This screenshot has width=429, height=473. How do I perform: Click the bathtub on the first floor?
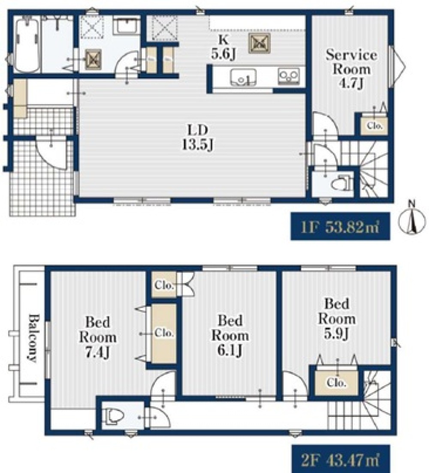coord(27,45)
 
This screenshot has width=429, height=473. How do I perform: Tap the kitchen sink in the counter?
coord(243,78)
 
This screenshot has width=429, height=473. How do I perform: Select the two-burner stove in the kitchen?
coord(289,76)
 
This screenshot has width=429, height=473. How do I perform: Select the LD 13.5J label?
coord(198,138)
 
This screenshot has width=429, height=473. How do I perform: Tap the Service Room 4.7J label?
coord(351,69)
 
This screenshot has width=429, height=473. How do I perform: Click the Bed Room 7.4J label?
coord(97,337)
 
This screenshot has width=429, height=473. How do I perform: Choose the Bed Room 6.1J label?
coord(230,335)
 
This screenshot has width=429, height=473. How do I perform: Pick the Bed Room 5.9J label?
coord(337,319)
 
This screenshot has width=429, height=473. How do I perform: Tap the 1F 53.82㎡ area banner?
coord(340,227)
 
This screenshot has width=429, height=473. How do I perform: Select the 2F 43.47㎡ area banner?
coord(341,459)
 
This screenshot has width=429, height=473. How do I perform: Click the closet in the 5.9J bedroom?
coord(336,383)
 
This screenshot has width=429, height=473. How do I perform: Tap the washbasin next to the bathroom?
coord(127,27)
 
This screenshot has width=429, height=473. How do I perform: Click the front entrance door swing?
coord(51,154)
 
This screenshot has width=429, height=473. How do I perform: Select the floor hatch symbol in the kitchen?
coord(259,43)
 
